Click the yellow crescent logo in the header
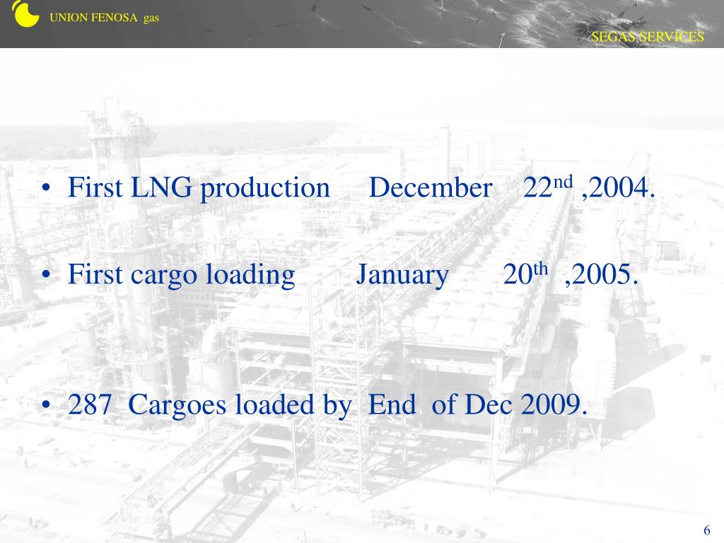[x=25, y=13]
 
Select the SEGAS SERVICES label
[x=648, y=37]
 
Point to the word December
[x=431, y=189]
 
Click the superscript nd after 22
[x=562, y=182]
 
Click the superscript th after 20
[x=541, y=269]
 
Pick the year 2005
[x=603, y=275]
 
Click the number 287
[x=90, y=405]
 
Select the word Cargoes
[x=179, y=406]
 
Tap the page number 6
[x=706, y=532]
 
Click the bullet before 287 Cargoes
[x=46, y=405]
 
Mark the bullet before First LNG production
[x=46, y=189]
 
